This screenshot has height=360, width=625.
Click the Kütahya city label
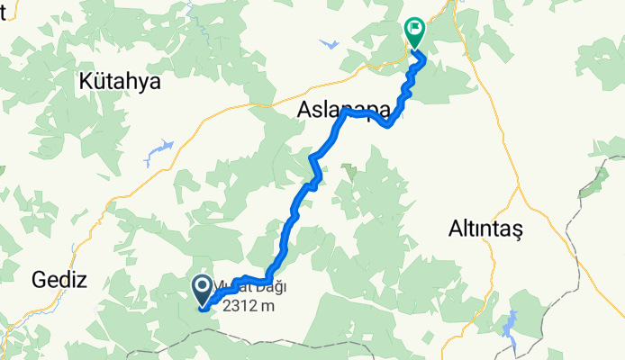point(119,82)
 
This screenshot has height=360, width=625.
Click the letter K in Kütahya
point(86,82)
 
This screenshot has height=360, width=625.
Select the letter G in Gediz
point(39,279)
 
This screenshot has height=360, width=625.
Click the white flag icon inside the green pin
point(414,29)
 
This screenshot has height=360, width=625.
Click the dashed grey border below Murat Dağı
point(180,340)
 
